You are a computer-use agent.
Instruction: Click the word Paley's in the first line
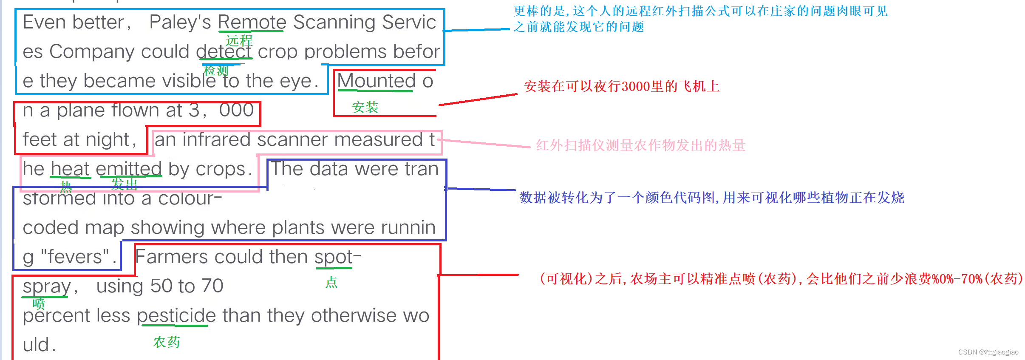click(x=180, y=22)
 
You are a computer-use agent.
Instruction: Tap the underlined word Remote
click(x=252, y=22)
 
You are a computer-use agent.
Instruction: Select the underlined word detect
click(x=224, y=52)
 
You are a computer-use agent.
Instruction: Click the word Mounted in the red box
click(x=376, y=81)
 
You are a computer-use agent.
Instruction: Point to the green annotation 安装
click(x=365, y=107)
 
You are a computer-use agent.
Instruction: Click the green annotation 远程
click(x=239, y=41)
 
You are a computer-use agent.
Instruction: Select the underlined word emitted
click(x=129, y=169)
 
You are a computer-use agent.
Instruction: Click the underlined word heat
click(x=70, y=169)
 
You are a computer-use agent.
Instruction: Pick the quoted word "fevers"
click(x=75, y=257)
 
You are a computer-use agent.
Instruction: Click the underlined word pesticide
click(x=176, y=316)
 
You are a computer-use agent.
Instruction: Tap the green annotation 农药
click(x=167, y=342)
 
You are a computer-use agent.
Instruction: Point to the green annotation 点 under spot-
click(x=331, y=282)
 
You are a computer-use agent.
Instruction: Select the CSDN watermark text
click(x=988, y=352)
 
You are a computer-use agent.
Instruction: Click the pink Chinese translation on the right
click(x=640, y=145)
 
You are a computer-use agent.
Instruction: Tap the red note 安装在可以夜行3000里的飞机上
click(x=621, y=87)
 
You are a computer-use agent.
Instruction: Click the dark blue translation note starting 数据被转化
click(x=711, y=198)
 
